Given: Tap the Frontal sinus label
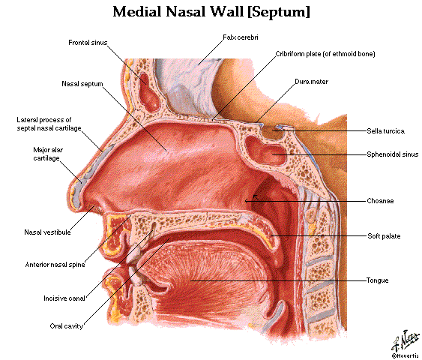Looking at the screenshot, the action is click(88, 43).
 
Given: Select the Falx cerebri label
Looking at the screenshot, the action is click(241, 37).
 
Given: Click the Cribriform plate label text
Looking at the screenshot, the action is click(325, 54).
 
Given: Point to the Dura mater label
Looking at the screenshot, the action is click(311, 82).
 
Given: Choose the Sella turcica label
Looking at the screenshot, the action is click(386, 131).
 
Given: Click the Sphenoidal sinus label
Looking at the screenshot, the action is click(393, 154).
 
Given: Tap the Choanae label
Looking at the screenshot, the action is click(380, 201).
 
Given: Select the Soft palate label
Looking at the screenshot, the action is click(384, 236).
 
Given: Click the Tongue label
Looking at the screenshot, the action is click(377, 280).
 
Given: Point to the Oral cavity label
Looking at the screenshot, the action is click(66, 326).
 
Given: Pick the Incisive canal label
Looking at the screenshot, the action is click(64, 298).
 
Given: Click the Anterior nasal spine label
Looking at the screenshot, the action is click(55, 265).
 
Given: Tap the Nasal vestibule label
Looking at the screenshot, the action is click(47, 232).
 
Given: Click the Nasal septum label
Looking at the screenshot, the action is click(82, 84).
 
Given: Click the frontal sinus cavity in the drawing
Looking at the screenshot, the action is click(149, 93).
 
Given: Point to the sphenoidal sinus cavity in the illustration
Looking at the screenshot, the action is click(265, 151).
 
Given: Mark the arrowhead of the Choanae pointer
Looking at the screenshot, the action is click(246, 201).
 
